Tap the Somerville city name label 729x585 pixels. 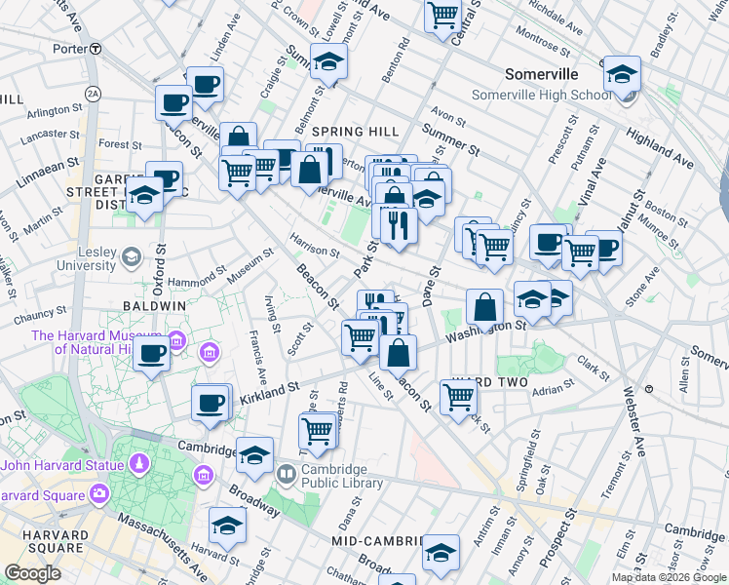click(x=541, y=74)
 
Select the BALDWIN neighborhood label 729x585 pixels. click(x=154, y=305)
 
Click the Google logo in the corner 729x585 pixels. click(x=33, y=572)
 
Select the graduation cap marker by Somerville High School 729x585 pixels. click(x=622, y=75)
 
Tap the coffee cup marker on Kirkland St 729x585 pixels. click(x=210, y=401)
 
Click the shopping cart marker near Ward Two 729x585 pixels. click(x=458, y=395)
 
